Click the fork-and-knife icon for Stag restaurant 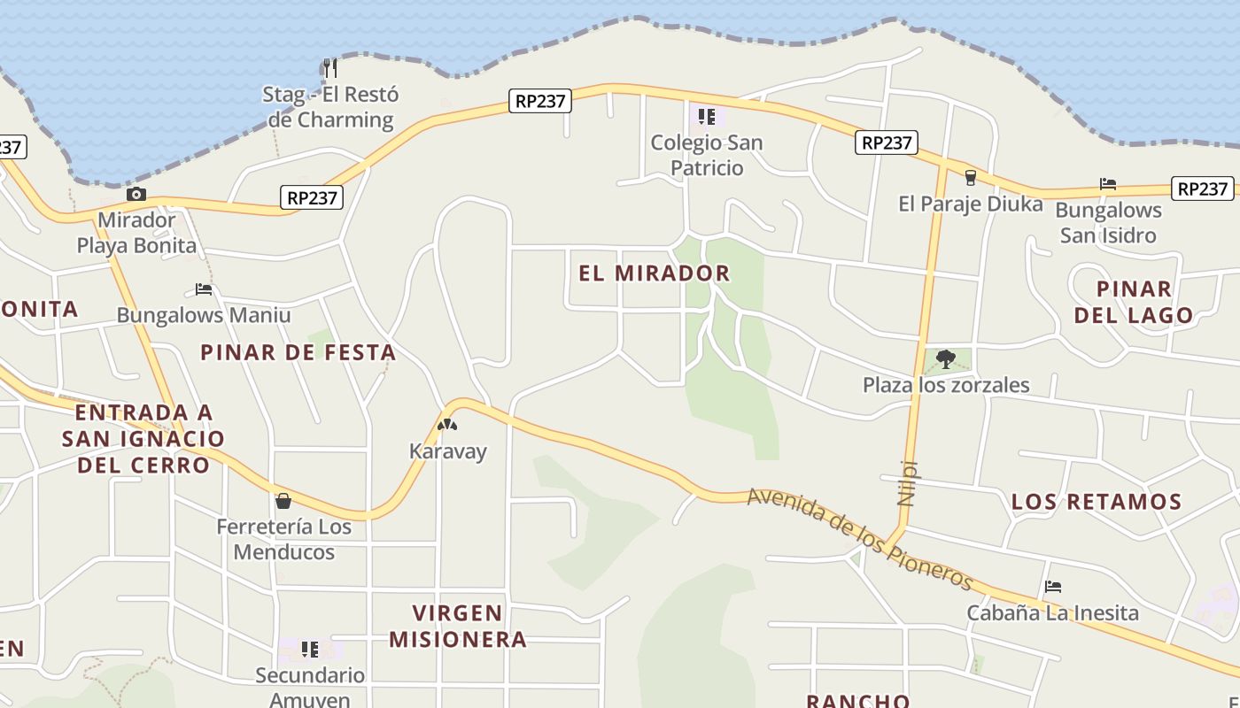point(329,67)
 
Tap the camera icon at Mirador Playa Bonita point(136,195)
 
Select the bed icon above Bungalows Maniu point(204,289)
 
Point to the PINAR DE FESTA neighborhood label point(298,352)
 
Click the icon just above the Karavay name point(447,425)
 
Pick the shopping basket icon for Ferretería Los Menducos point(283,502)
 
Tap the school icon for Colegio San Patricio point(706,116)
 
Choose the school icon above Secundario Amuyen point(309,650)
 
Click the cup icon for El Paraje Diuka point(970,178)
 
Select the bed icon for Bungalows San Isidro point(1107,184)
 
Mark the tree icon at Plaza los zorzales point(946,358)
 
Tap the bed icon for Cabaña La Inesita point(1052,587)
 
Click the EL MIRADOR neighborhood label point(655,273)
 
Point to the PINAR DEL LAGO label point(1134,302)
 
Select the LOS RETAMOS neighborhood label point(1097,502)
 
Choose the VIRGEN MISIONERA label point(458,626)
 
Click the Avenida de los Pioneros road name point(859,539)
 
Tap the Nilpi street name point(906,482)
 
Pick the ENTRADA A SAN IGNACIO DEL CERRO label point(143,438)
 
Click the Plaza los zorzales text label point(946,385)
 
